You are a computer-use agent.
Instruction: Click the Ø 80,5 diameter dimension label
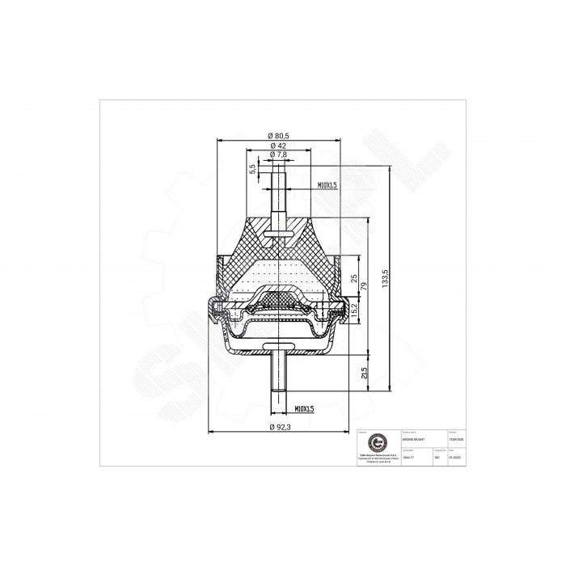point(277,136)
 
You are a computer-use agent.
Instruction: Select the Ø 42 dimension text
point(277,145)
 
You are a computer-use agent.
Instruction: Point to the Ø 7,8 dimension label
point(277,154)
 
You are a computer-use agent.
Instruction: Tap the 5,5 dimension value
point(253,168)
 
